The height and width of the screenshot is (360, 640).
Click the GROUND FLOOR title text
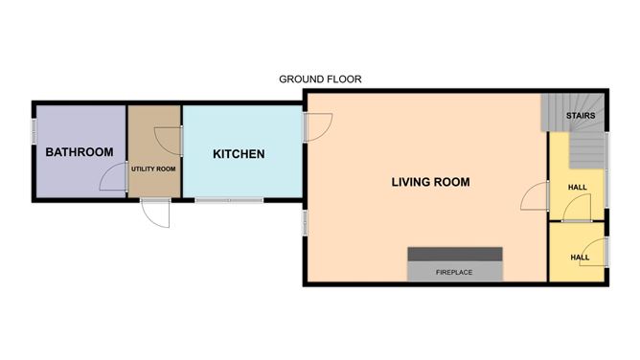coord(319,79)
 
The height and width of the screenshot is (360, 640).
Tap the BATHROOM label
coord(80,152)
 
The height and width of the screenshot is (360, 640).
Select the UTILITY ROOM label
coord(153,169)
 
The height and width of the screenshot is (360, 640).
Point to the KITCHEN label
coord(239,154)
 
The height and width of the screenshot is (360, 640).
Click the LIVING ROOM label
coord(431,182)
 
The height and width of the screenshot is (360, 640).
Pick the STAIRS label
coord(582,117)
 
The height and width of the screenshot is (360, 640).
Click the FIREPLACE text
coord(454,273)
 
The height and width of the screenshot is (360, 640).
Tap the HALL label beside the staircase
coord(579,188)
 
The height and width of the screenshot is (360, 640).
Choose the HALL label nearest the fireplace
coord(579,258)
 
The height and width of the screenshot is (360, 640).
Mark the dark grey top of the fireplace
coord(455,254)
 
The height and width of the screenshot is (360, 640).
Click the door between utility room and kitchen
coord(171,140)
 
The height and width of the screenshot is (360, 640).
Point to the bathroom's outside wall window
coord(34,128)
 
